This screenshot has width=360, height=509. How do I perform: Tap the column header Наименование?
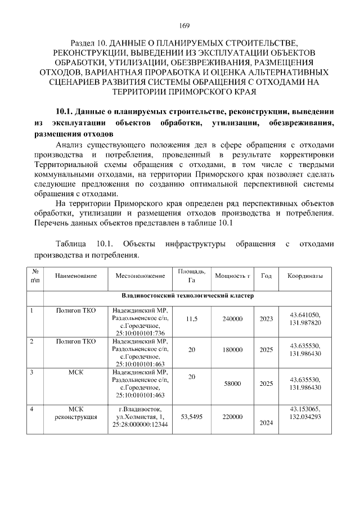(x=76, y=276)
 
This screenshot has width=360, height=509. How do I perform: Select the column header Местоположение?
(x=140, y=276)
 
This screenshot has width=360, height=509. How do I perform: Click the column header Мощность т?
(x=233, y=276)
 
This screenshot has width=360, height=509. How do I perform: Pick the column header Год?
(x=267, y=276)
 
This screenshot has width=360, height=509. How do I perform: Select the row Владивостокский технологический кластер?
(x=188, y=295)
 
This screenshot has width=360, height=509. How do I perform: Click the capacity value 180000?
(x=233, y=349)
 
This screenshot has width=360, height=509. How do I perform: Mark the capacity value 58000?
(x=233, y=384)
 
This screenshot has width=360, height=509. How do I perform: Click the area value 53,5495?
(x=191, y=417)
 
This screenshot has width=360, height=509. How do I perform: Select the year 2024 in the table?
(x=267, y=423)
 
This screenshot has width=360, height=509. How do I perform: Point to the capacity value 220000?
(x=233, y=417)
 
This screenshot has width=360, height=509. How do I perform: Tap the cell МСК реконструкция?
(x=76, y=413)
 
